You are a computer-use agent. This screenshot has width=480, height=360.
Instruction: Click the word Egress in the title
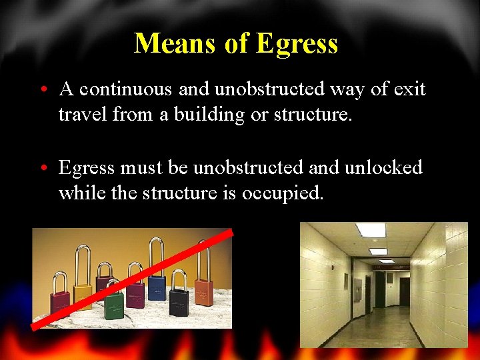coord(297,44)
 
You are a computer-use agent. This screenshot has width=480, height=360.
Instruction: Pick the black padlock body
coord(179,301)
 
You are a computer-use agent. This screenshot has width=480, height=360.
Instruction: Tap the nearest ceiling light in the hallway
coord(370,230)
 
